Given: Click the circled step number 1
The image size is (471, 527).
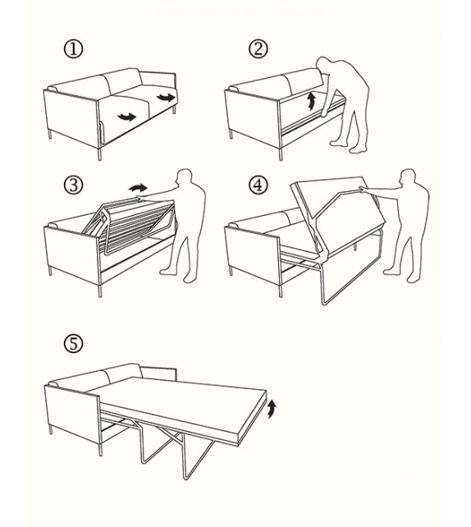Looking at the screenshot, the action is pos(73,49).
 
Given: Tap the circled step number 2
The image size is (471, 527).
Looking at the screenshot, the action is pos(258,49).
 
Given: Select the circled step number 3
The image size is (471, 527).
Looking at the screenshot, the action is pos(73,186).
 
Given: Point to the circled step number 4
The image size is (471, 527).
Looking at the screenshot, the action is pos(258,186).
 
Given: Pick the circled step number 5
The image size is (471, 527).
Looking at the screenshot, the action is pos(73,344).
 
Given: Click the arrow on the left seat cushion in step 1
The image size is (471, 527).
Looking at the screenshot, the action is pos(126,117).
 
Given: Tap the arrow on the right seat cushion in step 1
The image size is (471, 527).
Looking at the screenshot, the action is pos(166,98).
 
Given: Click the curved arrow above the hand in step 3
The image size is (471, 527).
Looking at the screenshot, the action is pos(138,187).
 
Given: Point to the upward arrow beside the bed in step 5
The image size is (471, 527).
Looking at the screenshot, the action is pos(272,409).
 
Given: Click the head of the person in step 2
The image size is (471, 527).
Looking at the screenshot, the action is pos(324,65).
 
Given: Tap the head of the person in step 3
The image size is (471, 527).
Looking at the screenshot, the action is pos(184,177).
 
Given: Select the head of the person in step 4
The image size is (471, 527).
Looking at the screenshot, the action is pos(408,177).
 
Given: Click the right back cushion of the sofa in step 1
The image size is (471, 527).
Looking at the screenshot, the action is pos(122,80).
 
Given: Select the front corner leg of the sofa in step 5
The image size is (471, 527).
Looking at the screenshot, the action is pos(100,449).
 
